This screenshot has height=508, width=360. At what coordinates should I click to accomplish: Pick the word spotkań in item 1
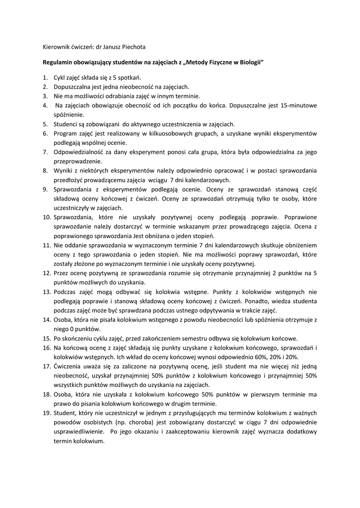(x=130, y=77)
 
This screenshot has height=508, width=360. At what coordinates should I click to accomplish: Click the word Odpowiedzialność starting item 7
(x=78, y=152)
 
